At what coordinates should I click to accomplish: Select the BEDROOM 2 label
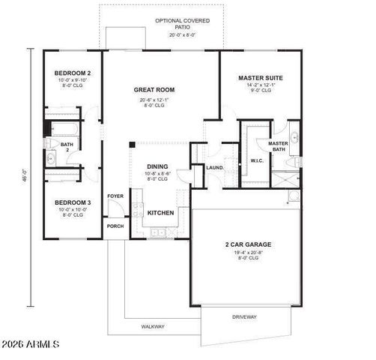click(x=72, y=73)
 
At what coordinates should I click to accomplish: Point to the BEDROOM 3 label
click(x=72, y=202)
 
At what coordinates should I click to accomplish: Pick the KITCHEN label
click(x=160, y=213)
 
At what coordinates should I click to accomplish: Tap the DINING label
click(x=157, y=166)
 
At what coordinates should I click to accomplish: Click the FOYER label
click(x=115, y=196)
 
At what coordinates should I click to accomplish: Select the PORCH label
click(x=115, y=226)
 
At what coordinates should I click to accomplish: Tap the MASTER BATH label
click(x=278, y=146)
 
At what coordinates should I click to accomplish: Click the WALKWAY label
click(x=153, y=326)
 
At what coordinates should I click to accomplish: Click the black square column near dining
click(x=133, y=144)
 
